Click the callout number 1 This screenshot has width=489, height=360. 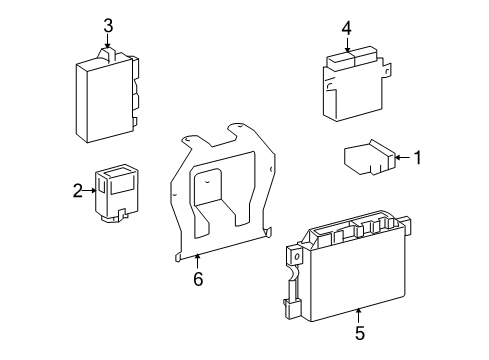pos(419,157)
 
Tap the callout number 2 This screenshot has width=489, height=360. pos(77,189)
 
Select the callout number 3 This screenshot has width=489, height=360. pos(108,25)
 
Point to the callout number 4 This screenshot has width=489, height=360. pos(345,28)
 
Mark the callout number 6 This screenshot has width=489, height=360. pos(198,279)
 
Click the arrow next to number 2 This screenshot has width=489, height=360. pos(90,189)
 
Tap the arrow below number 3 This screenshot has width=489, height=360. pos(108,43)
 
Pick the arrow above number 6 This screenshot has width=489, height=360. pos(198,262)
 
